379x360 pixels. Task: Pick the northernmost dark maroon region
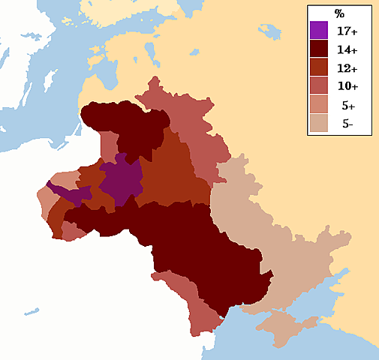124,127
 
